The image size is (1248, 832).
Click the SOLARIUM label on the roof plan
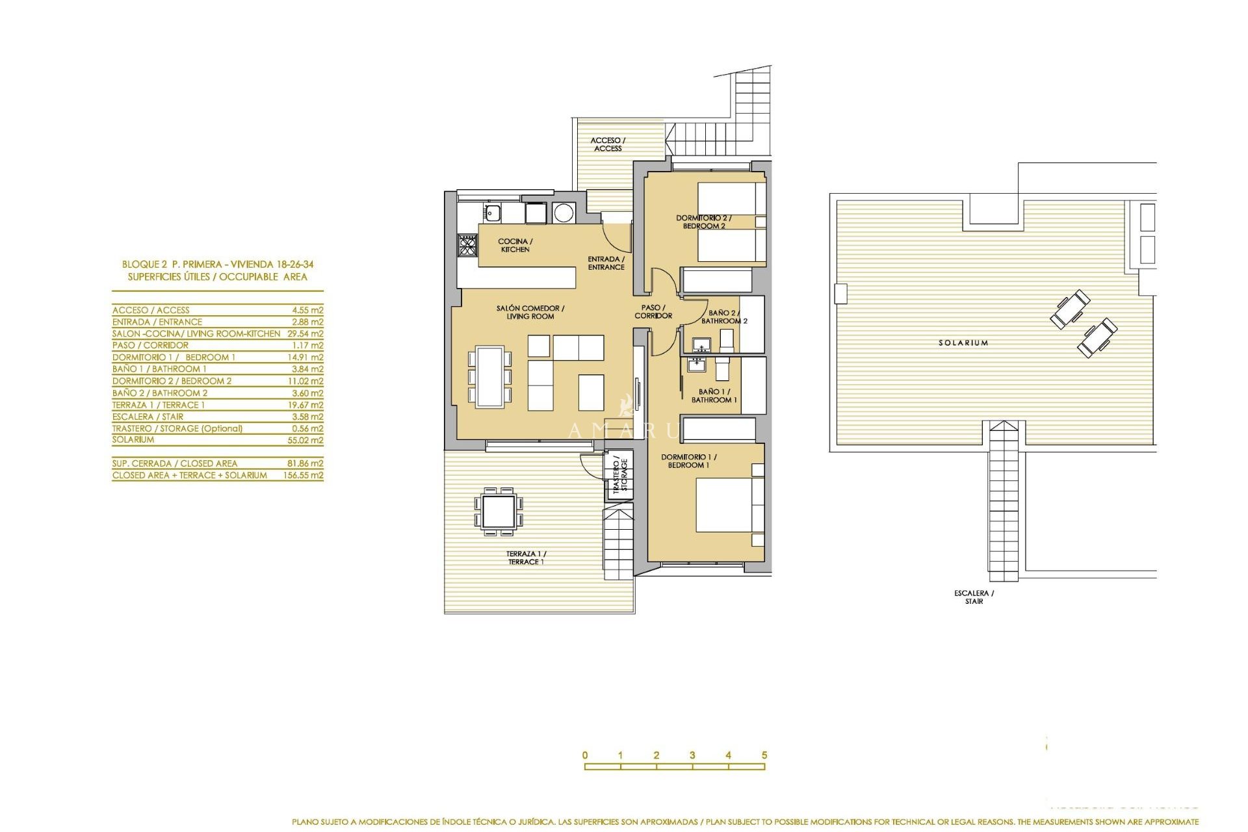pyautogui.click(x=963, y=343)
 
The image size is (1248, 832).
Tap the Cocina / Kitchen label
pyautogui.click(x=515, y=245)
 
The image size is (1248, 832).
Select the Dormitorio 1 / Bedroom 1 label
pyautogui.click(x=688, y=461)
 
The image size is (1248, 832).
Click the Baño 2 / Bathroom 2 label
pyautogui.click(x=724, y=317)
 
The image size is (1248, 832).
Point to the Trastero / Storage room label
pyautogui.click(x=620, y=475)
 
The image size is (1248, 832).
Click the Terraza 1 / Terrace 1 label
pyautogui.click(x=526, y=558)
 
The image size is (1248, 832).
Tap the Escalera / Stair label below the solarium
pyautogui.click(x=974, y=597)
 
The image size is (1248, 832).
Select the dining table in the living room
pyautogui.click(x=489, y=376)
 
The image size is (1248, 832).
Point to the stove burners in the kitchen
pyautogui.click(x=467, y=245)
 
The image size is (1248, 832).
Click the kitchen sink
pyautogui.click(x=492, y=212)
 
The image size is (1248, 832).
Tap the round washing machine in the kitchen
pyautogui.click(x=564, y=213)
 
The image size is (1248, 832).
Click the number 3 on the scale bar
pyautogui.click(x=692, y=755)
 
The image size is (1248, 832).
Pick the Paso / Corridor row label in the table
pyautogui.click(x=150, y=345)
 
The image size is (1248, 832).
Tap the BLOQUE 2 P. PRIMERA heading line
pyautogui.click(x=218, y=264)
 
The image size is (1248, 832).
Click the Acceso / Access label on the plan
pyautogui.click(x=608, y=144)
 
